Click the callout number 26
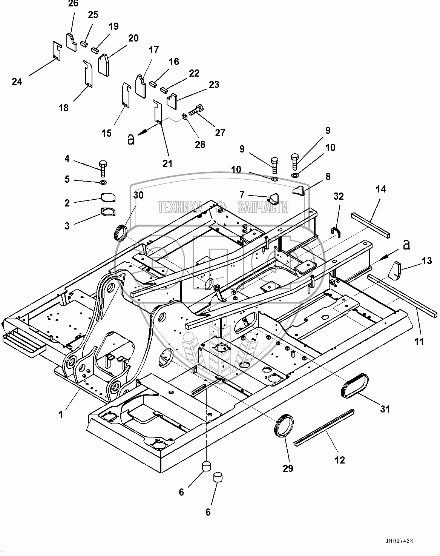point(73,4)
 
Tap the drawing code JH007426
point(399,541)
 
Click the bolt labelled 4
point(103,168)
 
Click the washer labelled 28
point(185,116)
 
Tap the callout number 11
point(419,342)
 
